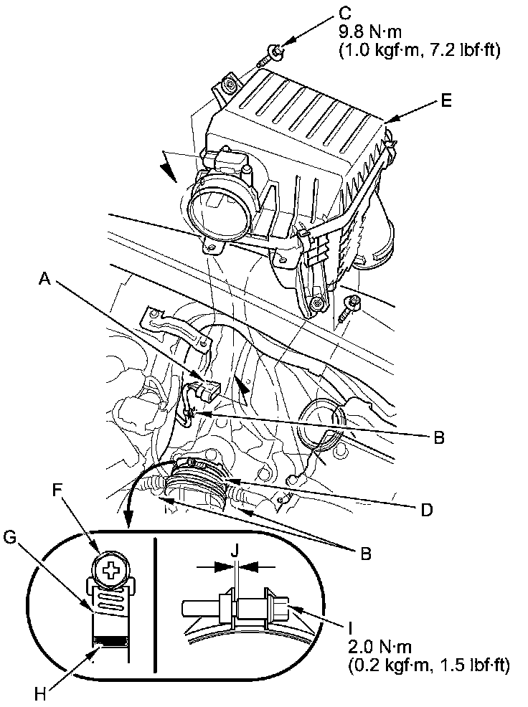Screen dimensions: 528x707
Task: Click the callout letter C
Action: pyautogui.click(x=345, y=13)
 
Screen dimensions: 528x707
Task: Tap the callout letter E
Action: pyautogui.click(x=446, y=101)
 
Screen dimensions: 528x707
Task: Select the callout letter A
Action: pyautogui.click(x=43, y=280)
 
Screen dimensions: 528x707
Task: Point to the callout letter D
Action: pyautogui.click(x=426, y=510)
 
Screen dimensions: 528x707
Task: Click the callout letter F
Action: pyautogui.click(x=57, y=490)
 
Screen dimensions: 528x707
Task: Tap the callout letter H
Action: pyautogui.click(x=41, y=694)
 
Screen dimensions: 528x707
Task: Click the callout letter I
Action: pyautogui.click(x=351, y=627)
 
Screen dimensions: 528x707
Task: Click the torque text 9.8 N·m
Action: pyautogui.click(x=369, y=32)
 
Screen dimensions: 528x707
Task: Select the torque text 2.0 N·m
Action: pyautogui.click(x=379, y=647)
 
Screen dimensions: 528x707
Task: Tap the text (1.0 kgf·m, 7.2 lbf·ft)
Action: pyautogui.click(x=419, y=50)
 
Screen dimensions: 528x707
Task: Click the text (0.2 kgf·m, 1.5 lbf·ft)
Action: pyautogui.click(x=429, y=665)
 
